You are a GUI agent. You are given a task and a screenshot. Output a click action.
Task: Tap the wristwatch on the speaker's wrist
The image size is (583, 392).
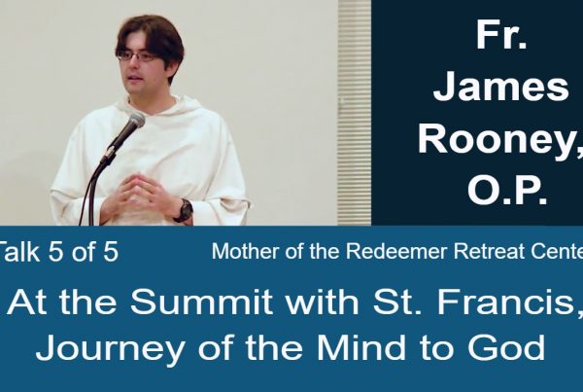point(185,211)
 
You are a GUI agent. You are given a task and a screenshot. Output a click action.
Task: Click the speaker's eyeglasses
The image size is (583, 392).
point(137,55)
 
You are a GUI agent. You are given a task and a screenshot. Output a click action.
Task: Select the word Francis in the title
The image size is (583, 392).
point(503,302)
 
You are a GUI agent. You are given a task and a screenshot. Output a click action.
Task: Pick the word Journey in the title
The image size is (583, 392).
point(110,348)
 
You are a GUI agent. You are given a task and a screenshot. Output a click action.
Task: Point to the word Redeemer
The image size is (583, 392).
point(395,251)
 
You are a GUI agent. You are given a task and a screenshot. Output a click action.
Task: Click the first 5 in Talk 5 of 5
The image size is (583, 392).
point(55,251)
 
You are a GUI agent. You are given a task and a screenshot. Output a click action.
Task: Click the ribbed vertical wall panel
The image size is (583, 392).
point(355,113)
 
